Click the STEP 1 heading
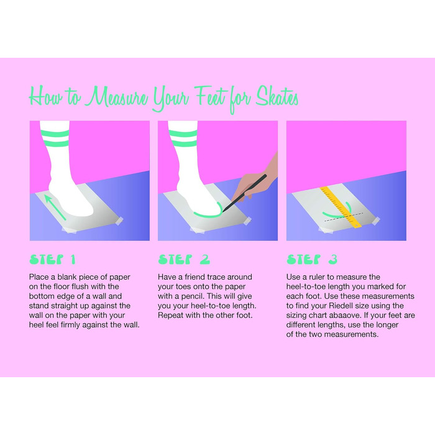[x=52, y=260]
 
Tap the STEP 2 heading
[x=184, y=260]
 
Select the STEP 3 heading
[x=312, y=260]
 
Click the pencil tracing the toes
[x=244, y=193]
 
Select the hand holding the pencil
[x=255, y=178]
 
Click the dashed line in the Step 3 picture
[x=344, y=217]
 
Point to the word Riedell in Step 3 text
[x=340, y=306]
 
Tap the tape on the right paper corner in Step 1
[x=118, y=221]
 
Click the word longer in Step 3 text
[x=387, y=325]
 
